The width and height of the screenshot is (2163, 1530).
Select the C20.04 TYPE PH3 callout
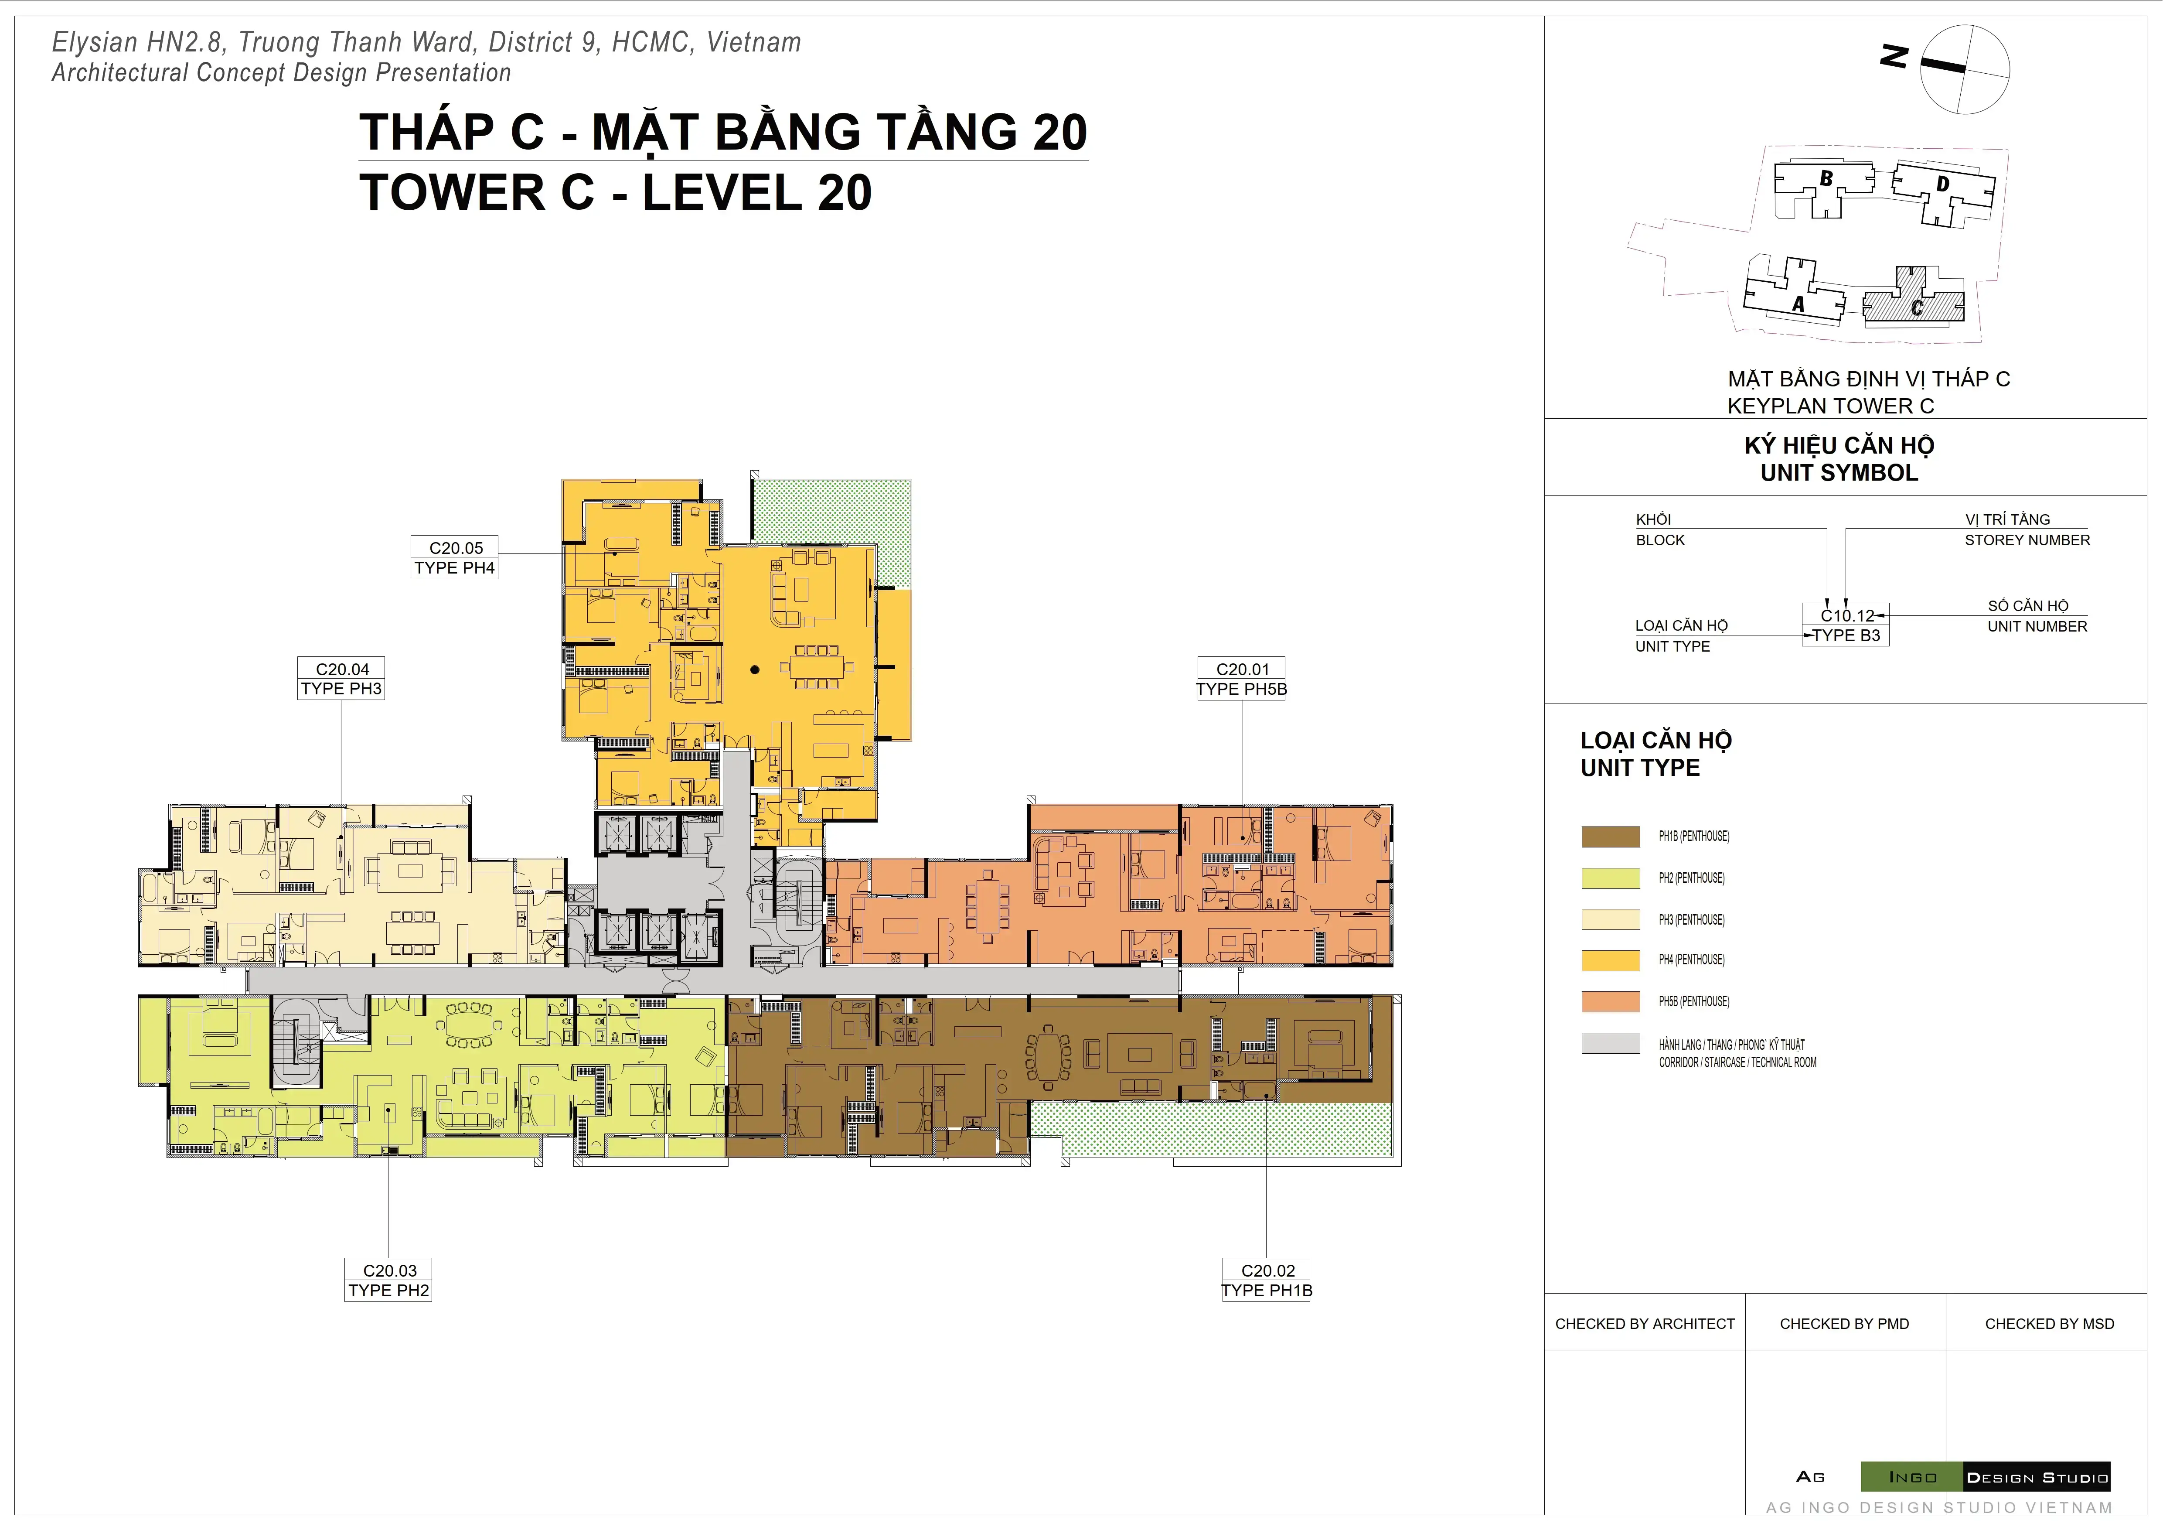pyautogui.click(x=341, y=678)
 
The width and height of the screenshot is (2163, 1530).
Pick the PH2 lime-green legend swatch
pyautogui.click(x=1610, y=878)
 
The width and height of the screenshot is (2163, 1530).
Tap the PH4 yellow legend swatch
pyautogui.click(x=1610, y=960)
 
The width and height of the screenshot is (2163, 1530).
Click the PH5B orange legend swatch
pyautogui.click(x=1610, y=1001)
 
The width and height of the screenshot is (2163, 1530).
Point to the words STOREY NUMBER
pyautogui.click(x=2027, y=540)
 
